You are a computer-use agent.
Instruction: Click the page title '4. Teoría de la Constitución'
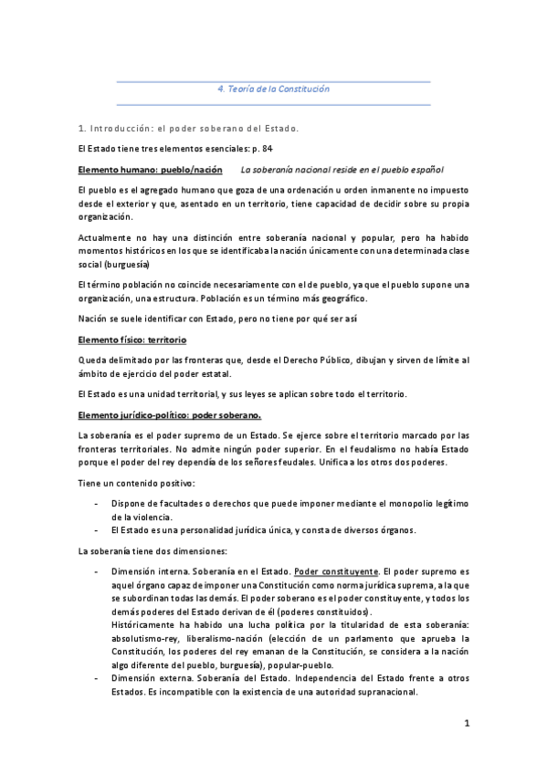[x=273, y=89]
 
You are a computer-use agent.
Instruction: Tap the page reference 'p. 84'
[x=260, y=148]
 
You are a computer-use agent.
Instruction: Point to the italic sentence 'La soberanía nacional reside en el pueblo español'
[x=342, y=170]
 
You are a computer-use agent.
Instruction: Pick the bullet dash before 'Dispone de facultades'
[x=98, y=503]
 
